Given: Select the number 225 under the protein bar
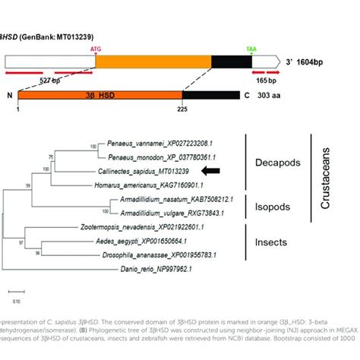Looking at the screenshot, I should coord(182,112).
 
